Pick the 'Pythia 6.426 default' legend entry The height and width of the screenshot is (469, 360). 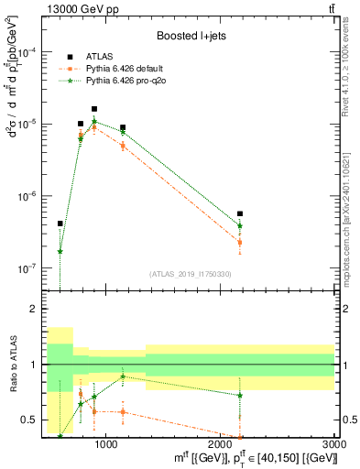point(125,68)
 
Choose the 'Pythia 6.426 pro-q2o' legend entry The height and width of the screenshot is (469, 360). point(125,81)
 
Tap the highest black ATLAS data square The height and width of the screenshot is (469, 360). point(94,109)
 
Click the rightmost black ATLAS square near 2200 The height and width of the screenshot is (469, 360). point(240,214)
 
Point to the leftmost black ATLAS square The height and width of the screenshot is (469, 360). point(60,224)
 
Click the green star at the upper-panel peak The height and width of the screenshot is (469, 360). point(94,122)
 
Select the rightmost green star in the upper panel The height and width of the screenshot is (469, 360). point(240,225)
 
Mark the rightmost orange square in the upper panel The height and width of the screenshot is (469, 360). point(240,243)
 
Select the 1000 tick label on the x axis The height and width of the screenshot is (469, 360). point(106,446)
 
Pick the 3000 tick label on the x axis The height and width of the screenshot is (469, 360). point(334,446)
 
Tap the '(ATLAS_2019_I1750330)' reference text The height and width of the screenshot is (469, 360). point(191,274)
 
